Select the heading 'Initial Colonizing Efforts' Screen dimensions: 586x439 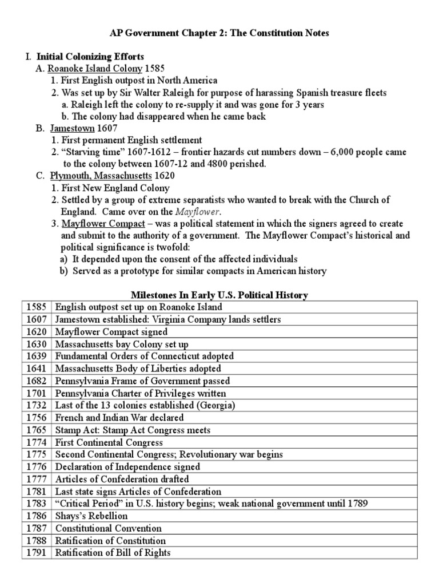[90, 57]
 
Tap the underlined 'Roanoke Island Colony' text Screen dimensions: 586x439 [94, 69]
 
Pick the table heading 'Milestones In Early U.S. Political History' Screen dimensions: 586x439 [219, 295]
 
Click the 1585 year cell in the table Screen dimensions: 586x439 [37, 307]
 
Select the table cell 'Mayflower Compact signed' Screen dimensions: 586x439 [111, 332]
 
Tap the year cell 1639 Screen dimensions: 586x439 [37, 357]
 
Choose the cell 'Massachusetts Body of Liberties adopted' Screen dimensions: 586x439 [137, 369]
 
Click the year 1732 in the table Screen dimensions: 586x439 [37, 405]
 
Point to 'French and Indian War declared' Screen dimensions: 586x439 [119, 418]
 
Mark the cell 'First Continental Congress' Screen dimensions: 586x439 [109, 442]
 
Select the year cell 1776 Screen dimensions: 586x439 [37, 467]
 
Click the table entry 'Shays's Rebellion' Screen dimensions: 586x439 [91, 516]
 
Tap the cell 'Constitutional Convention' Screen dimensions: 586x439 [108, 528]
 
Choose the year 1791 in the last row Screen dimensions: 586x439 [37, 553]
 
